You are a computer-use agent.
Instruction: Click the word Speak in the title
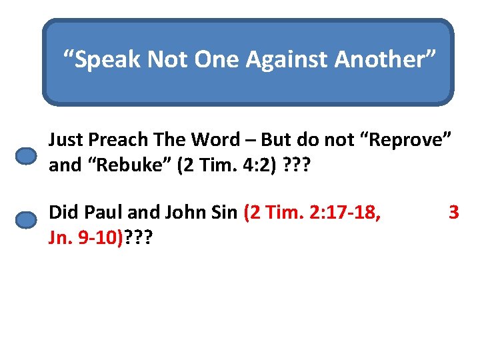107,59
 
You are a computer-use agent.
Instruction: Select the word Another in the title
385,59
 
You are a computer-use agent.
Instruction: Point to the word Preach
117,140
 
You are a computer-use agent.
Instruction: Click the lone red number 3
454,213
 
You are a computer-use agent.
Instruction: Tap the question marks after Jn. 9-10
138,238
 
